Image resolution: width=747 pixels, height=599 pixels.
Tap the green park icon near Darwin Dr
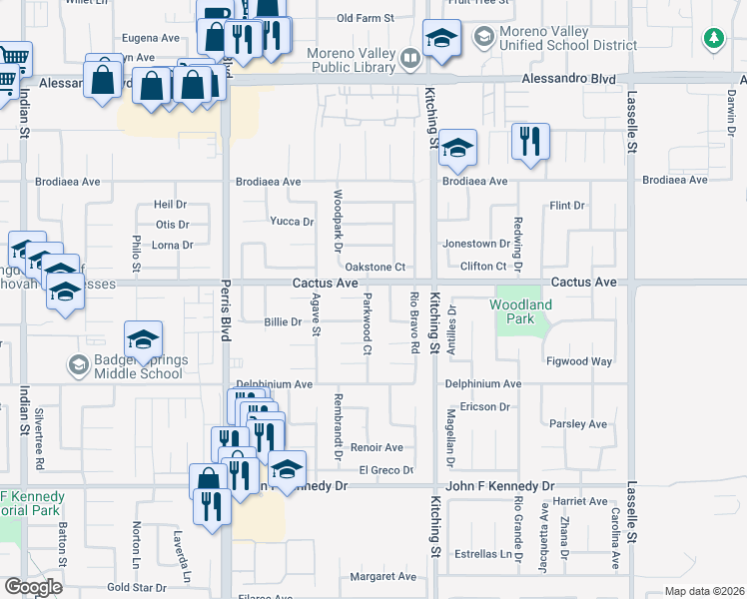[713, 39]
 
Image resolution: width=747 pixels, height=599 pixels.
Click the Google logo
[33, 587]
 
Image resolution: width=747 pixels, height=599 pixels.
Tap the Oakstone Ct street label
[374, 267]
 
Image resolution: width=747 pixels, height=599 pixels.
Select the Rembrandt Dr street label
[339, 426]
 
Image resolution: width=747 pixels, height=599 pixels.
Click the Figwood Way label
[579, 361]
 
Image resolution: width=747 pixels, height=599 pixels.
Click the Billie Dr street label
[283, 322]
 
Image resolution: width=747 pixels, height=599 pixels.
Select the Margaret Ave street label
[382, 576]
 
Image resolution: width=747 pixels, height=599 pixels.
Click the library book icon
[409, 59]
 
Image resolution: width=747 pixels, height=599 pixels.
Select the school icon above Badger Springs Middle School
[143, 339]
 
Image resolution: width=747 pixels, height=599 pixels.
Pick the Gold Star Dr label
[137, 586]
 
